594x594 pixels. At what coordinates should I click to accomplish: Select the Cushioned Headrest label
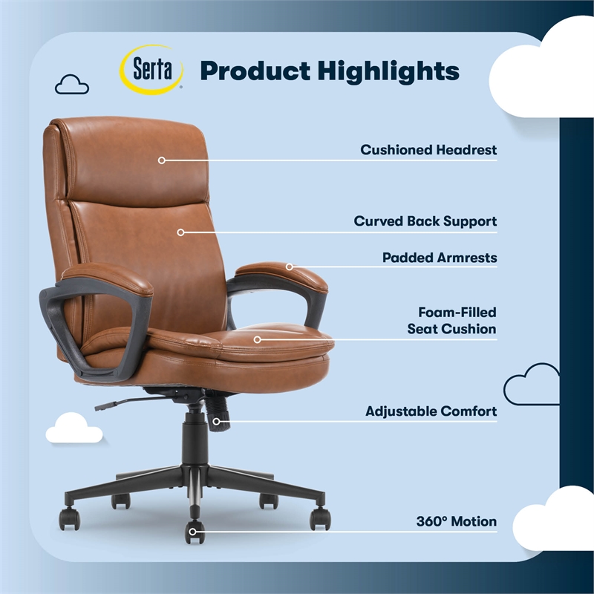pyautogui.click(x=428, y=150)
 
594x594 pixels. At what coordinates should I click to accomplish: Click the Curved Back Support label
pyautogui.click(x=425, y=221)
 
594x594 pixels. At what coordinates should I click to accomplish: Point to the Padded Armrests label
pyautogui.click(x=439, y=258)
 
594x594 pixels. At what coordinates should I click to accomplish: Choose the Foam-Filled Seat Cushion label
pyautogui.click(x=451, y=321)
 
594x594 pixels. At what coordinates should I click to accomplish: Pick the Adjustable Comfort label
pyautogui.click(x=431, y=411)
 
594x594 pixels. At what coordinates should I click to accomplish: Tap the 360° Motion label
pyautogui.click(x=457, y=522)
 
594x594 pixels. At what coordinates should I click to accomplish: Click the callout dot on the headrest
pyautogui.click(x=161, y=160)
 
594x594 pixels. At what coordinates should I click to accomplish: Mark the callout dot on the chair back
pyautogui.click(x=180, y=232)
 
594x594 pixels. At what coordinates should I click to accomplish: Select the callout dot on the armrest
pyautogui.click(x=290, y=267)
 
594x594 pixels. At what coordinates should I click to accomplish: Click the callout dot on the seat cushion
pyautogui.click(x=258, y=339)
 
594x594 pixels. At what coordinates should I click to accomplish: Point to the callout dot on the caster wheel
pyautogui.click(x=195, y=530)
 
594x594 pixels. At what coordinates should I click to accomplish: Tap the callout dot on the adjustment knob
pyautogui.click(x=217, y=422)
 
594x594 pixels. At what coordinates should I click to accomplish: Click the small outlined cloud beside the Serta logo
pyautogui.click(x=72, y=85)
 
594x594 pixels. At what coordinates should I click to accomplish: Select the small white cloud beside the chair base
pyautogui.click(x=74, y=428)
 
